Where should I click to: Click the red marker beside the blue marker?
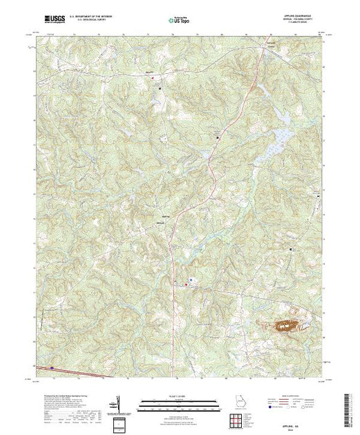click(x=185, y=283)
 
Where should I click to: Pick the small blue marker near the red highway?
click(x=191, y=280)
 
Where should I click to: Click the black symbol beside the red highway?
click(x=218, y=138)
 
